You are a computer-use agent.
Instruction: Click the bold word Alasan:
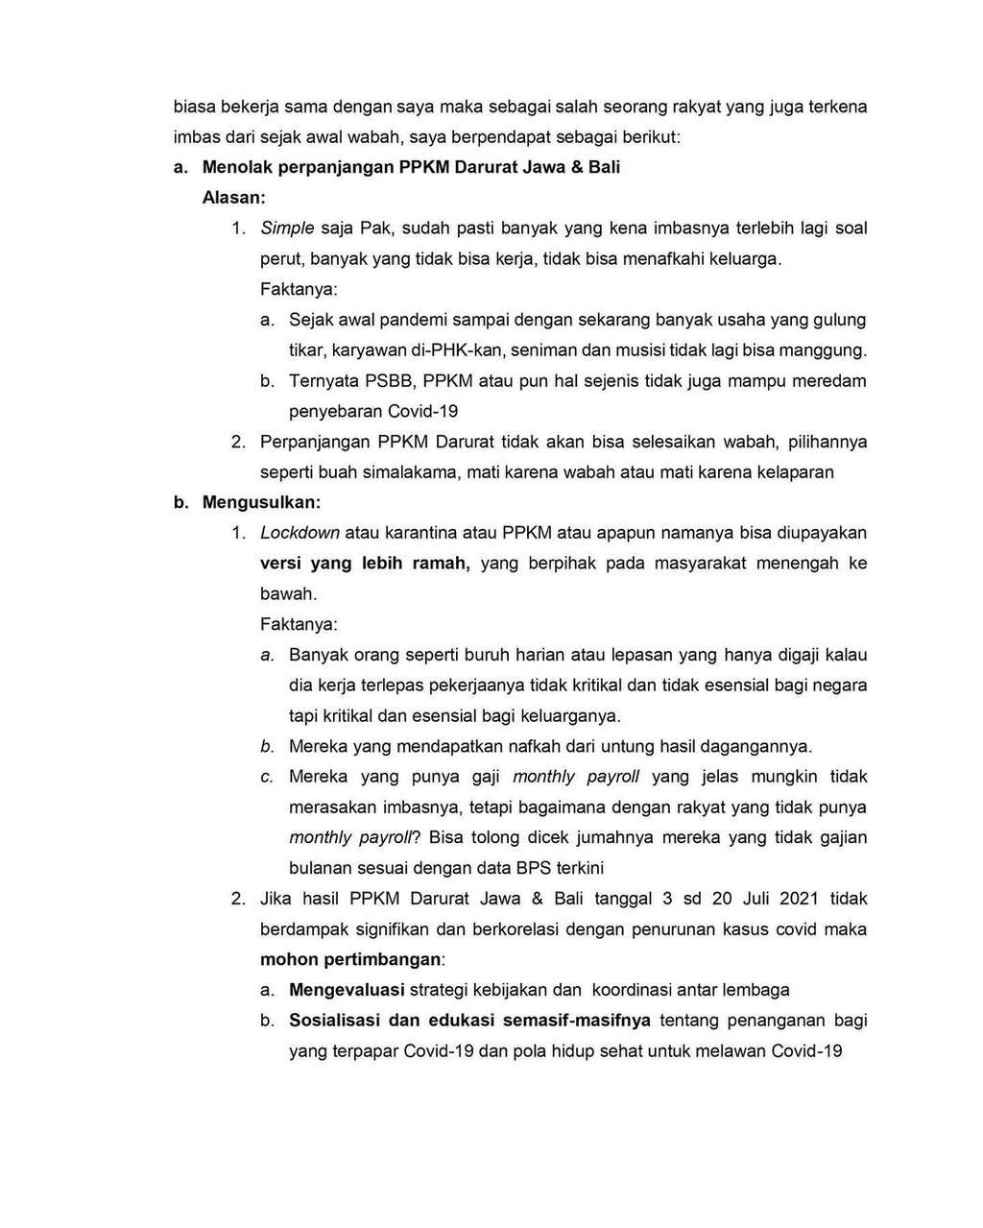click(233, 198)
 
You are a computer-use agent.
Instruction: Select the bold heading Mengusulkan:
click(261, 502)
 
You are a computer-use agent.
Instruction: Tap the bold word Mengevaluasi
click(347, 990)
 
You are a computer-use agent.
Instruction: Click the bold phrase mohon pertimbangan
click(350, 959)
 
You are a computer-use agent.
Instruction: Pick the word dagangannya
click(755, 746)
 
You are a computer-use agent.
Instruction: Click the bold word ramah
click(440, 564)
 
